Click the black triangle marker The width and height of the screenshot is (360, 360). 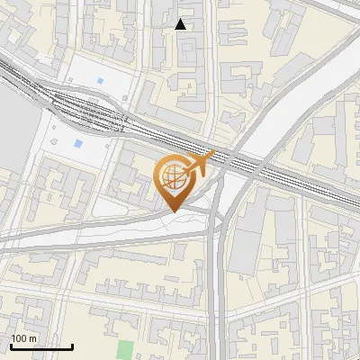click(x=181, y=24)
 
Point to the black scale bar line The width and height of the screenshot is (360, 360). click(x=41, y=346)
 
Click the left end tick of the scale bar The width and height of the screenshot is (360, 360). click(x=12, y=345)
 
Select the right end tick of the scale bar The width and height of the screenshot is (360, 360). click(x=72, y=345)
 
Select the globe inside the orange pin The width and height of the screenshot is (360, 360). click(x=175, y=177)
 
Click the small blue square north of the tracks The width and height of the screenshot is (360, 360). click(x=99, y=81)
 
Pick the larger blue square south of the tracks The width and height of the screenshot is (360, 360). click(x=78, y=143)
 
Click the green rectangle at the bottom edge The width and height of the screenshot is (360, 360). click(x=124, y=350)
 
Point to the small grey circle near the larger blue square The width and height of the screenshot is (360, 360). click(x=56, y=142)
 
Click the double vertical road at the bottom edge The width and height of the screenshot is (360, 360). click(x=217, y=333)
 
